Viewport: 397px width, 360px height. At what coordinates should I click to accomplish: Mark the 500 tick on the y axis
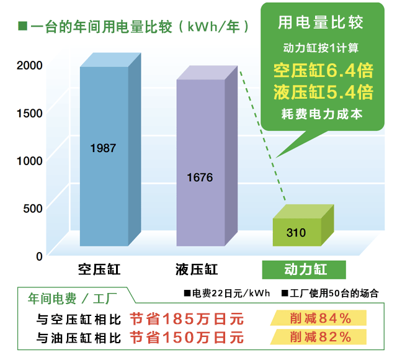[x=32, y=208]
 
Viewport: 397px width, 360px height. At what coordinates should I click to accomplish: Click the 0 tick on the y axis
[x=38, y=255]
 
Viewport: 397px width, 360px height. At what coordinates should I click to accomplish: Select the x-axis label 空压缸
[x=99, y=271]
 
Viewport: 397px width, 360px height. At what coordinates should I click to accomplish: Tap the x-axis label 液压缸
[x=196, y=271]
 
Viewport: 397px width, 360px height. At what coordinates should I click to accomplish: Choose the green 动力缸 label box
[x=305, y=271]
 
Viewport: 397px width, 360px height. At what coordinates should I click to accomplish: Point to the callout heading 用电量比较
[x=320, y=24]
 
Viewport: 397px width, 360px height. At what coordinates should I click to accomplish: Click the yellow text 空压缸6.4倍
[x=323, y=69]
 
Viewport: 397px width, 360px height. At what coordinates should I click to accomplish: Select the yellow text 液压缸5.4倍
[x=323, y=92]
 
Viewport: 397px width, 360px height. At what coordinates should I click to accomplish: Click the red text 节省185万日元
[x=187, y=319]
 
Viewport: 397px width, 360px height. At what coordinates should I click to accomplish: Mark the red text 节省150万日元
[x=187, y=338]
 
